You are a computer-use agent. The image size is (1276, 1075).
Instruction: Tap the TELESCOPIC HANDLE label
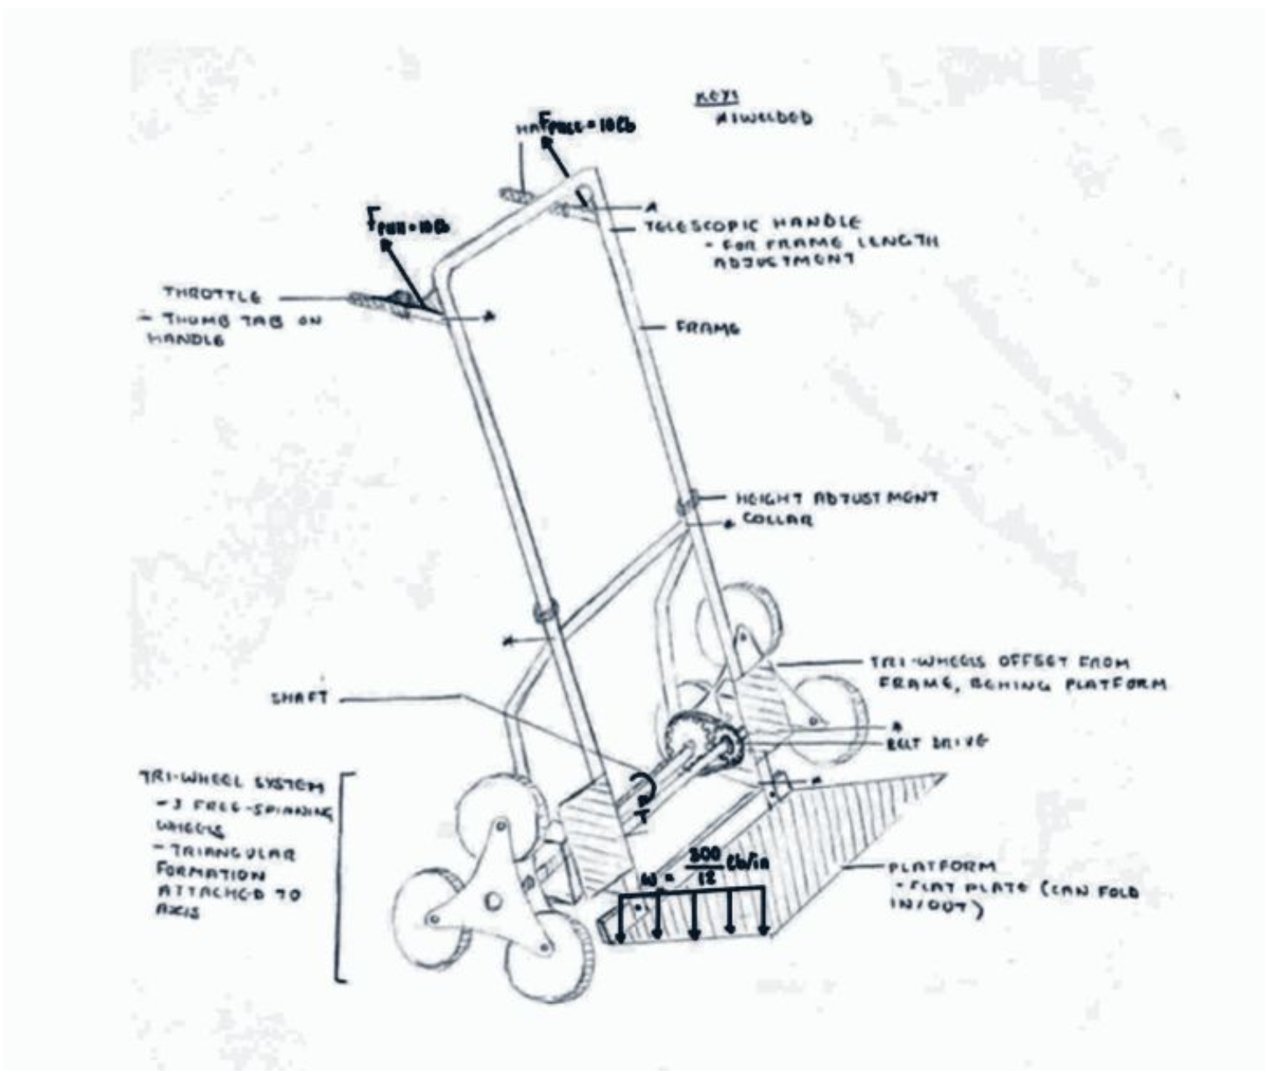(x=751, y=224)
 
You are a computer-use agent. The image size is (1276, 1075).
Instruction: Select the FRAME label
(x=708, y=329)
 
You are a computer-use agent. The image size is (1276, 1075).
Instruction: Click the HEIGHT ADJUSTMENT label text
(x=837, y=499)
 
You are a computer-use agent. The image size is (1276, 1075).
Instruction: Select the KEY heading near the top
(x=708, y=99)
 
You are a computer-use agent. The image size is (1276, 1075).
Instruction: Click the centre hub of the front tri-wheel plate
(x=494, y=900)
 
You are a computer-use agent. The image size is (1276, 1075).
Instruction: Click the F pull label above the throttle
(x=408, y=225)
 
